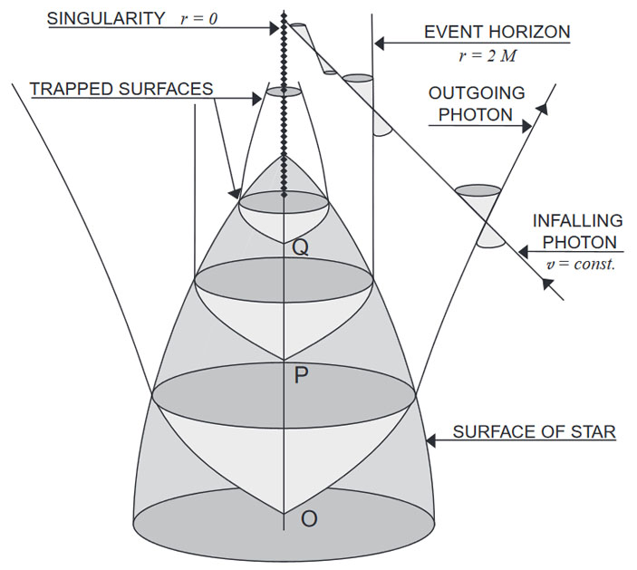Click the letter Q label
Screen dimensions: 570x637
click(x=300, y=246)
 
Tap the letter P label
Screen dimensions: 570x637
click(x=302, y=374)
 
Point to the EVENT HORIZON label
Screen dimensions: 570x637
click(x=497, y=33)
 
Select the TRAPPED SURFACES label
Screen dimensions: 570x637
click(x=121, y=89)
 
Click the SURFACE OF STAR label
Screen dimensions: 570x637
click(x=535, y=432)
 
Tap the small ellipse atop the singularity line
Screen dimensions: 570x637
click(x=284, y=92)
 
